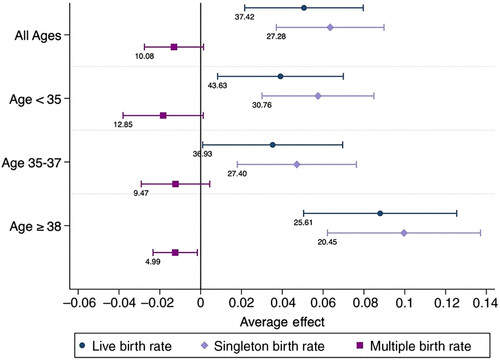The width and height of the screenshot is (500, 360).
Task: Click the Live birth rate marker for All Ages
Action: pyautogui.click(x=304, y=8)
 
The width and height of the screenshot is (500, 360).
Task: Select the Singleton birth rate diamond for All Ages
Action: pyautogui.click(x=330, y=27)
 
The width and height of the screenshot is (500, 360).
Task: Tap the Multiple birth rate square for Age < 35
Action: pyautogui.click(x=163, y=116)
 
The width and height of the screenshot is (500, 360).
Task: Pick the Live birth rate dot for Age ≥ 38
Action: pyautogui.click(x=380, y=213)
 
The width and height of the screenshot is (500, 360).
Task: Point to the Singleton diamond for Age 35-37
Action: pyautogui.click(x=297, y=165)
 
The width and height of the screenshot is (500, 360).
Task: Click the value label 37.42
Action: pyautogui.click(x=244, y=17)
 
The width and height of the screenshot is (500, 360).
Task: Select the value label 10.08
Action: pyautogui.click(x=144, y=56)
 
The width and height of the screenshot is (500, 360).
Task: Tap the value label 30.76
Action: pyautogui.click(x=262, y=105)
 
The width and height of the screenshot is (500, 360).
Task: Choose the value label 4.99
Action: pyautogui.click(x=153, y=262)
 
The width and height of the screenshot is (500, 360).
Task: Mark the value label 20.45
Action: pyautogui.click(x=327, y=242)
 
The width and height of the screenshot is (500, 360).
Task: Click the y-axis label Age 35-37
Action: pyautogui.click(x=32, y=163)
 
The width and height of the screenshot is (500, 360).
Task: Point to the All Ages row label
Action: pyautogui.click(x=38, y=36)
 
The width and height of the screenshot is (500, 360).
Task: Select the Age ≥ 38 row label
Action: pyautogui.click(x=36, y=227)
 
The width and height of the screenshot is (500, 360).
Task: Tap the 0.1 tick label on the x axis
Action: pyautogui.click(x=404, y=303)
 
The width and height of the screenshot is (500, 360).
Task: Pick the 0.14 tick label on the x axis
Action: pyautogui.click(x=486, y=303)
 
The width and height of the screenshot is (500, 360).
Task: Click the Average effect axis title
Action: pyautogui.click(x=282, y=322)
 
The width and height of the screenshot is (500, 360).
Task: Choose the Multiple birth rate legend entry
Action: pyautogui.click(x=414, y=346)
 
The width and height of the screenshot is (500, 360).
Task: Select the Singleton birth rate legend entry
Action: pyautogui.click(x=263, y=346)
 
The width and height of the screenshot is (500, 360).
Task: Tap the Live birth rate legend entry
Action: pyautogui.click(x=125, y=346)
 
